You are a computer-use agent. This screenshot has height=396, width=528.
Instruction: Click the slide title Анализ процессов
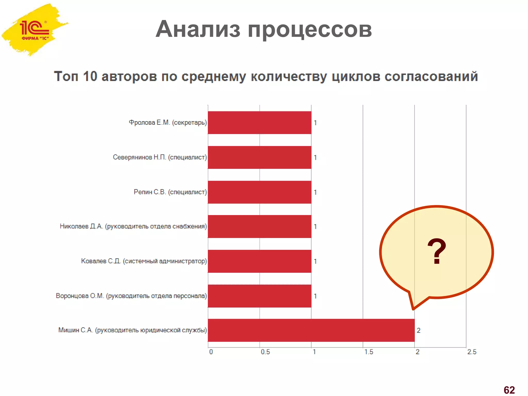tap(263, 29)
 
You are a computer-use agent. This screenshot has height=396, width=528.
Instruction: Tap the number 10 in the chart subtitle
tap(90, 76)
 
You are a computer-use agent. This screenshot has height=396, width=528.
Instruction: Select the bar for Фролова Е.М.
tap(259, 122)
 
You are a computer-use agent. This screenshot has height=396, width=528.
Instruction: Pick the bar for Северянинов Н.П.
tap(259, 157)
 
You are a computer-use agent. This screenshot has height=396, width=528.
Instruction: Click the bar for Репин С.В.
tap(259, 192)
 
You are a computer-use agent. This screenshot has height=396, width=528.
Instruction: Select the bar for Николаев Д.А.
tap(259, 226)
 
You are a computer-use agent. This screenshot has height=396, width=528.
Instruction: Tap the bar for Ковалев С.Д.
tap(259, 261)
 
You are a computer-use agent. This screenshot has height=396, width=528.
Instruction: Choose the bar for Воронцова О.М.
tap(259, 296)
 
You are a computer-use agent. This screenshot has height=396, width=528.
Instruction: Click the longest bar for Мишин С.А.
tap(311, 330)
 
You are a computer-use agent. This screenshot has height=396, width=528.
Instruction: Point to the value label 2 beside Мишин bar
tap(418, 331)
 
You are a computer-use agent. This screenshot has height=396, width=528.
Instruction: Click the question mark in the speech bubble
tap(436, 251)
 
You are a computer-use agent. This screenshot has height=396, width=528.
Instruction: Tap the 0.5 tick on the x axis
tap(265, 352)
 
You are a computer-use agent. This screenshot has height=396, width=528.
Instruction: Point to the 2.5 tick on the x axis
tap(472, 352)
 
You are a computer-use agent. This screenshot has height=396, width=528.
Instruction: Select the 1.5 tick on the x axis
tap(369, 352)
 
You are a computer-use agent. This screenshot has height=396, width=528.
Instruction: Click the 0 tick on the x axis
tap(211, 352)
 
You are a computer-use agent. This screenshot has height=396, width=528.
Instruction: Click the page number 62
tap(509, 390)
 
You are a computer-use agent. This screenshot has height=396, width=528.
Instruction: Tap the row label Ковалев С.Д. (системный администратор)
tap(144, 261)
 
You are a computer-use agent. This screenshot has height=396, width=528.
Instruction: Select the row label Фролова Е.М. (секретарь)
tap(168, 122)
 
